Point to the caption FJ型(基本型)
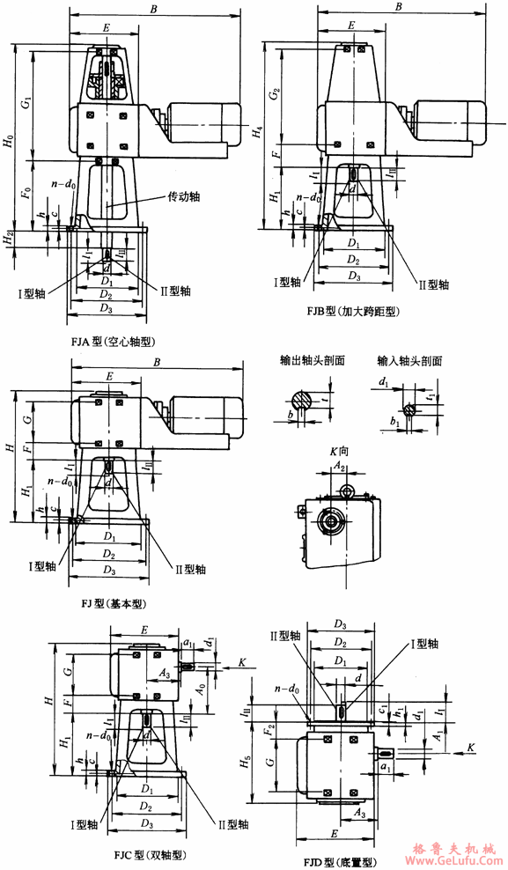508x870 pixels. [114, 605]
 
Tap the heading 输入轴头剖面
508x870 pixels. [409, 361]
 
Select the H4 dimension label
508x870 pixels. [256, 134]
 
